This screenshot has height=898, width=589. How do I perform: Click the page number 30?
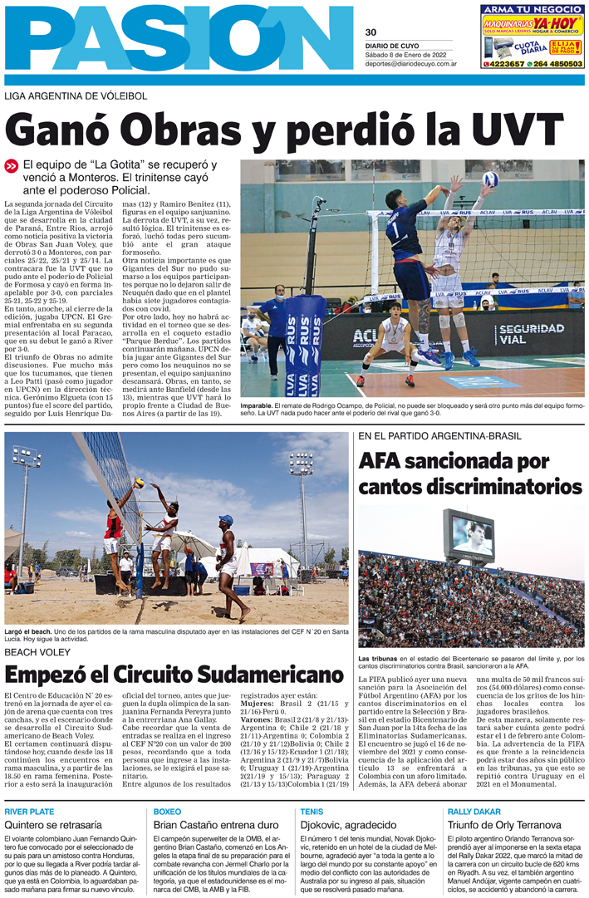pyautogui.click(x=371, y=32)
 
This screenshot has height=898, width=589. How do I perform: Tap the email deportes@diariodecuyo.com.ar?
pyautogui.click(x=411, y=63)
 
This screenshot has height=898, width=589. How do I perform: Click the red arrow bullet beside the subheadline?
pyautogui.click(x=12, y=166)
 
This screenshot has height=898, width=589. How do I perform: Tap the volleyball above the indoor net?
pyautogui.click(x=490, y=179)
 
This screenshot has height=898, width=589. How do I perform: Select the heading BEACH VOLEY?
pyautogui.click(x=39, y=651)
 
